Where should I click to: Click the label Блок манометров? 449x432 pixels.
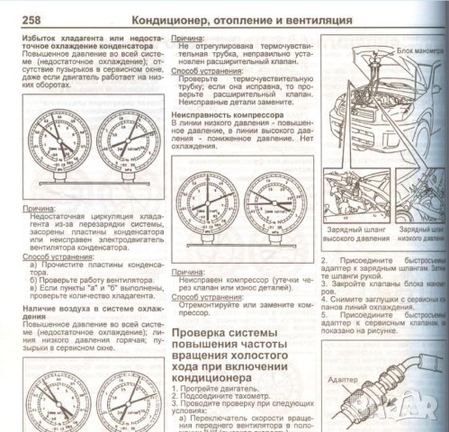pyautogui.click(x=418, y=52)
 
